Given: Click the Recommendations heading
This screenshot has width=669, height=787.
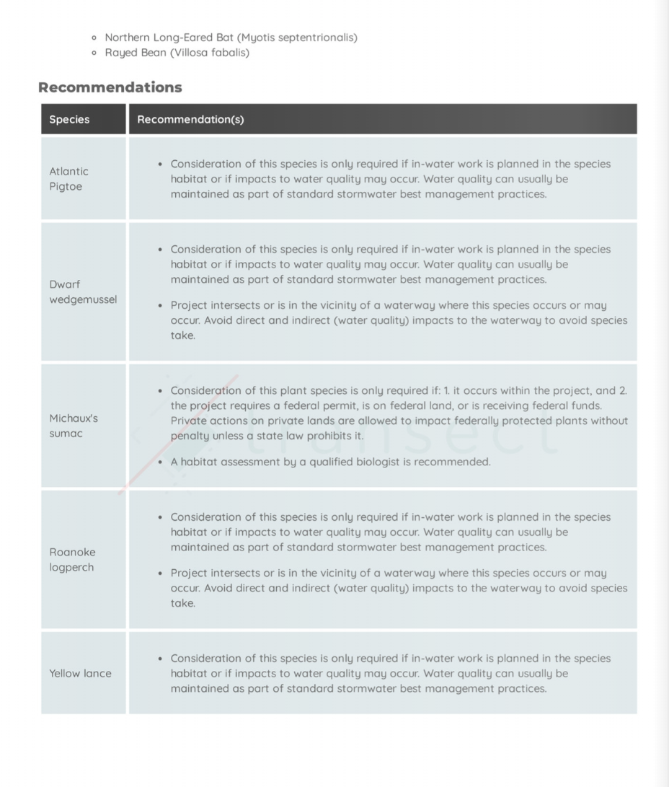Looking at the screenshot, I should [110, 87].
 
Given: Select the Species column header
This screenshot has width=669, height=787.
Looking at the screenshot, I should [69, 120].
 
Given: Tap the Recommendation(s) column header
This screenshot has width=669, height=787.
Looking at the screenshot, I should [190, 120].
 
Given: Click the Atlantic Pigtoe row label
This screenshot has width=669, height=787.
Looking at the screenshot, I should [68, 179].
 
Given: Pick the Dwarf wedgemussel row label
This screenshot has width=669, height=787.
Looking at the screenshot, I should [82, 291].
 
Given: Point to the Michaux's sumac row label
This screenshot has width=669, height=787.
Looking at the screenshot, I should [74, 426].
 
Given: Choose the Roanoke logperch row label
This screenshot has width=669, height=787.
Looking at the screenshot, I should [72, 559].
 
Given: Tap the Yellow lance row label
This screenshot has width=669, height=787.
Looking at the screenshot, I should [80, 673].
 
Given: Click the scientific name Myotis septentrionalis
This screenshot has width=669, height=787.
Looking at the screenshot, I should [297, 38].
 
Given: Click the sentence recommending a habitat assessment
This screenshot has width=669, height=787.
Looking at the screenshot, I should [330, 462].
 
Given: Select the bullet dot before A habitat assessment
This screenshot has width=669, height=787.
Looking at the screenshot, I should [159, 462].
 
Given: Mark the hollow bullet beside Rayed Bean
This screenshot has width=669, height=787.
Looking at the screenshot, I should [94, 53].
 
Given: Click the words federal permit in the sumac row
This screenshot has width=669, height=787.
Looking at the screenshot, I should [296, 405].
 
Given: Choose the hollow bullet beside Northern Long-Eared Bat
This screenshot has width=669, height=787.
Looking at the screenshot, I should [94, 38].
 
